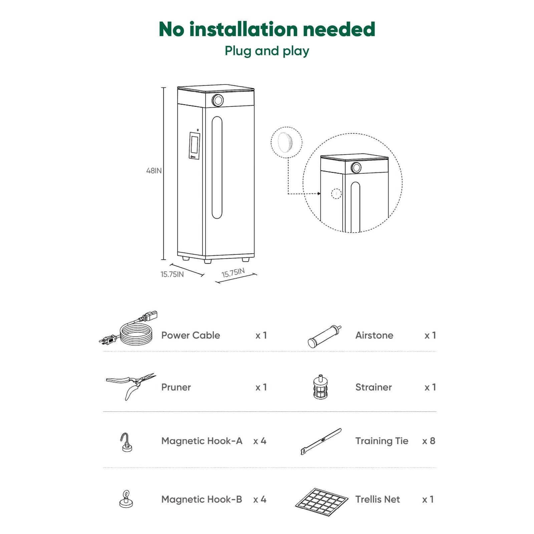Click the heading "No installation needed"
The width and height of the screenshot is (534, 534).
click(x=267, y=29)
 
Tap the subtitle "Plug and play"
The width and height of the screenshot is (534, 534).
click(x=267, y=51)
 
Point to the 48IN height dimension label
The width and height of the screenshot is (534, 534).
click(x=154, y=171)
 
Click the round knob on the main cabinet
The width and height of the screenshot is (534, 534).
click(x=218, y=100)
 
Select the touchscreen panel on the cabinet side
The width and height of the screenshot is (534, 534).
click(x=195, y=145)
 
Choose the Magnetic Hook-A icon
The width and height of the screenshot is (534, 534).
click(x=126, y=442)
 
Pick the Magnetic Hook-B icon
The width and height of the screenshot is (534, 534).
click(x=126, y=499)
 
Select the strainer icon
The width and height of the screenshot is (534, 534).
click(x=320, y=387)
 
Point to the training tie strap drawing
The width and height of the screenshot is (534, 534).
click(x=321, y=441)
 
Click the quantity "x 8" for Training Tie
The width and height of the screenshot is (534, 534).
click(x=429, y=441)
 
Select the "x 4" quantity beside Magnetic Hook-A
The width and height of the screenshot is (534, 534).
click(x=260, y=441)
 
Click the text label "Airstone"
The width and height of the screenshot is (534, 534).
click(x=374, y=335)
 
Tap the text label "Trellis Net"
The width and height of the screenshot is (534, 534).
click(x=377, y=499)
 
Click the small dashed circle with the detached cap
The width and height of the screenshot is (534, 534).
click(x=286, y=143)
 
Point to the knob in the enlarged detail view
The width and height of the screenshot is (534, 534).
click(x=356, y=168)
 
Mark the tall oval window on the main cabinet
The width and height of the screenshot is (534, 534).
click(x=217, y=168)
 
